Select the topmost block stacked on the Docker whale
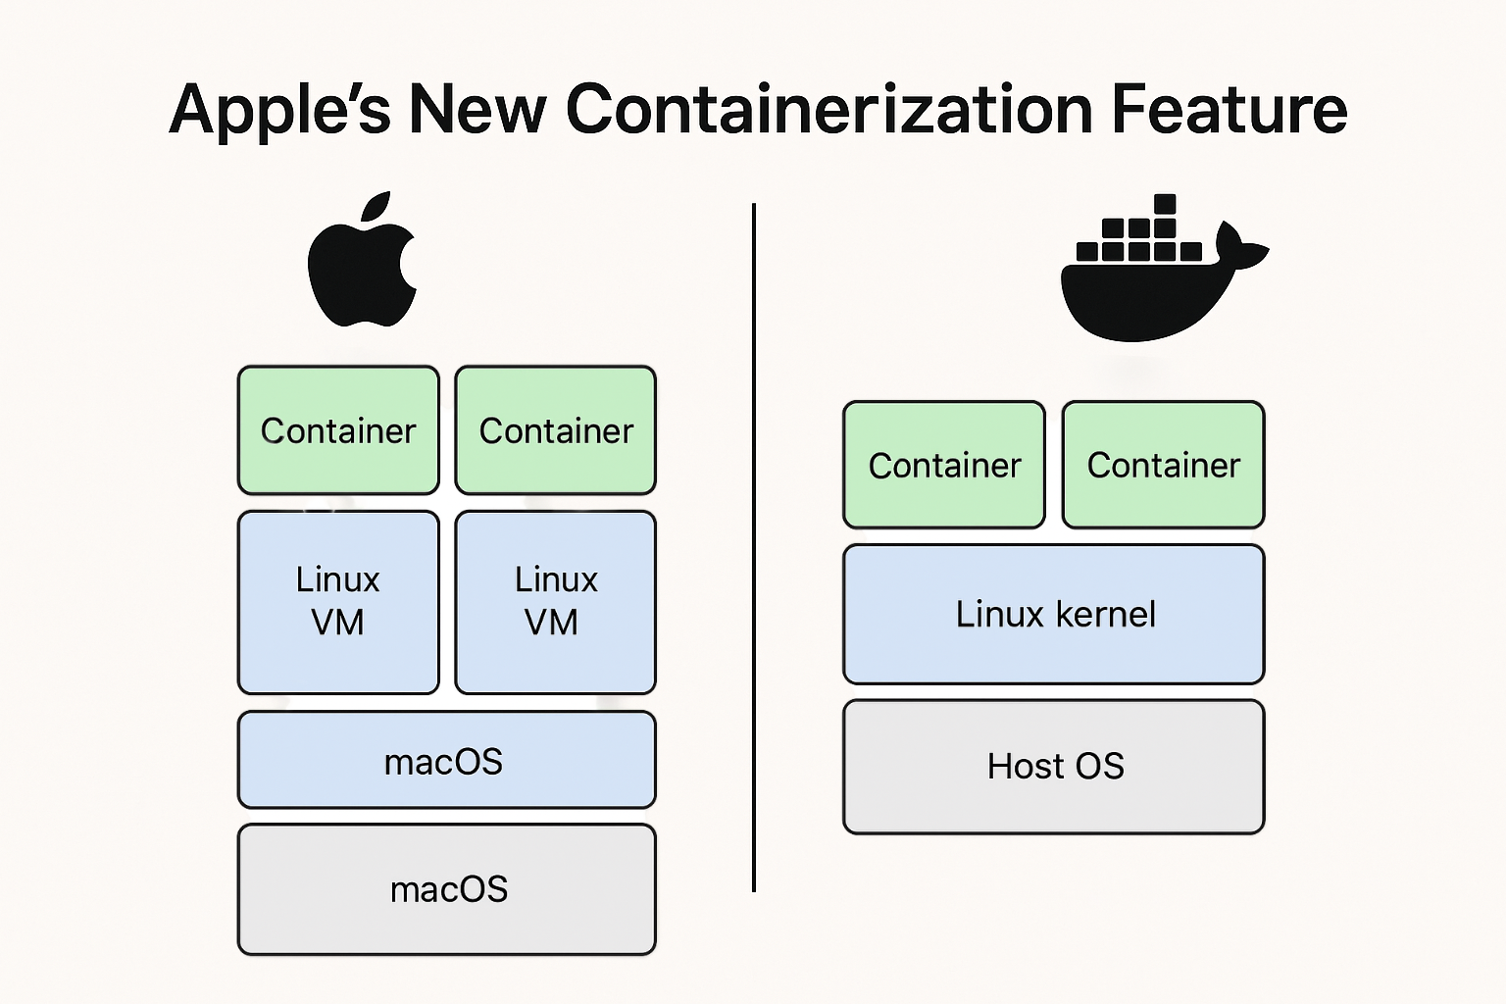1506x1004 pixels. (1165, 204)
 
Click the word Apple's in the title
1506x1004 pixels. (280, 110)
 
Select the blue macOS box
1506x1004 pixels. (446, 760)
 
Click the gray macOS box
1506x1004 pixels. (446, 888)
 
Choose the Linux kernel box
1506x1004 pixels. (1054, 614)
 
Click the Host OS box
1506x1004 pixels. (1054, 766)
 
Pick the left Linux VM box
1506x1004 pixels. (338, 601)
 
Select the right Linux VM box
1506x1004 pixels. (555, 601)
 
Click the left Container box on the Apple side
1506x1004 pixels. (338, 429)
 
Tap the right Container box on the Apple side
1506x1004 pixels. (555, 429)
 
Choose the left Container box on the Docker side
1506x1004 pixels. (944, 464)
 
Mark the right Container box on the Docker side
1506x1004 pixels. (1164, 464)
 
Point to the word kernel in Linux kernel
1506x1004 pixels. (1106, 614)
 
